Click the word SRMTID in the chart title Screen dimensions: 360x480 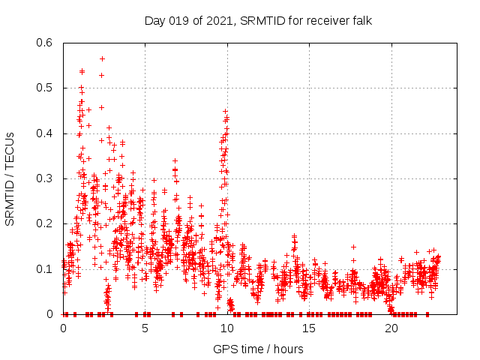pyautogui.click(x=263, y=20)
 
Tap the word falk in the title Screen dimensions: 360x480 pyautogui.click(x=361, y=20)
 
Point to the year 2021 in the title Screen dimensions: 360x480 pyautogui.click(x=217, y=20)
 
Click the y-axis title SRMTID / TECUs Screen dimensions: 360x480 pyautogui.click(x=10, y=178)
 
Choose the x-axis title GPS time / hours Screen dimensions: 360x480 pyautogui.click(x=258, y=349)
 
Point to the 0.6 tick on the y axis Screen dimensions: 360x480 pyautogui.click(x=46, y=43)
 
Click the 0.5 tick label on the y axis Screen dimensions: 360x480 pyautogui.click(x=46, y=88)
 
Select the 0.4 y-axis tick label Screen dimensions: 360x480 pyautogui.click(x=46, y=133)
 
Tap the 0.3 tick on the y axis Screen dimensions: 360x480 pyautogui.click(x=46, y=178)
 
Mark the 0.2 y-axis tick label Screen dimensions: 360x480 pyautogui.click(x=46, y=223)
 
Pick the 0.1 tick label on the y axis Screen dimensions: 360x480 pyautogui.click(x=46, y=268)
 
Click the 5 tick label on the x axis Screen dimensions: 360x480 pyautogui.click(x=145, y=328)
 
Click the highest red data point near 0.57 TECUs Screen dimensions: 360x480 pyautogui.click(x=102, y=58)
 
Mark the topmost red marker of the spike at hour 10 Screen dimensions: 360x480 pyautogui.click(x=225, y=111)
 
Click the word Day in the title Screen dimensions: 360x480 pyautogui.click(x=154, y=20)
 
